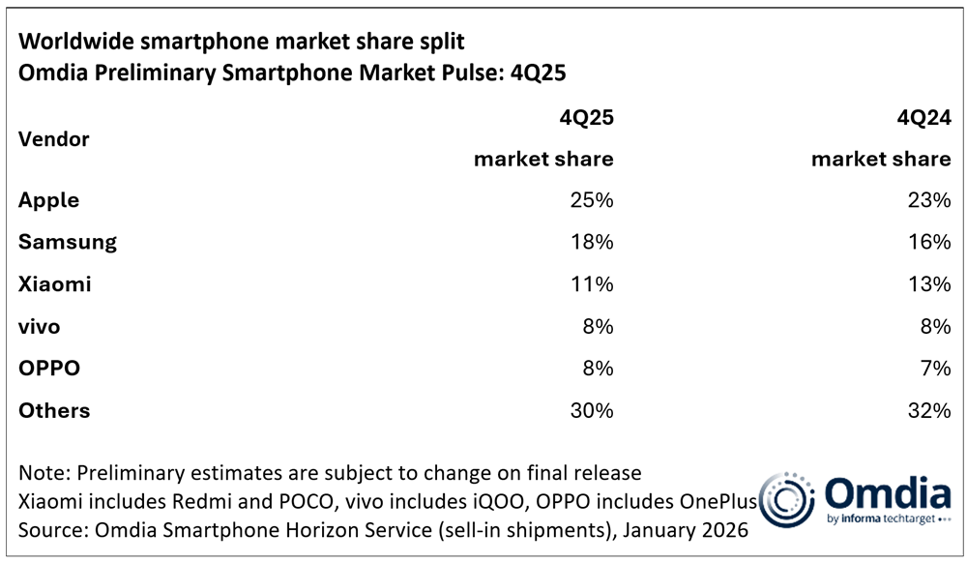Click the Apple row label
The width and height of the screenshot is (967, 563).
(x=48, y=200)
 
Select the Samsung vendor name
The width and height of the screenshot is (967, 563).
(x=67, y=242)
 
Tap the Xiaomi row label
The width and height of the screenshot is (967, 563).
(x=56, y=284)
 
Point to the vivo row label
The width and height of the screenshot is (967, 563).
(x=39, y=326)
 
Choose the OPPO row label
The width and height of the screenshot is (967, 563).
(x=47, y=369)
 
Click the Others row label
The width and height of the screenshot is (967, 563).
(x=54, y=410)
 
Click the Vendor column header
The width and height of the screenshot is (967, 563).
(x=53, y=139)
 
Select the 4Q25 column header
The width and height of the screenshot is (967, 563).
(x=585, y=118)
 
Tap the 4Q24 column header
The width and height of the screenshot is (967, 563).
(x=923, y=118)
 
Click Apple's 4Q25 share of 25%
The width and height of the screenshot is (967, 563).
(x=591, y=200)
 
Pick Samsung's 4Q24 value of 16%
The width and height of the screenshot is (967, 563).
(x=929, y=242)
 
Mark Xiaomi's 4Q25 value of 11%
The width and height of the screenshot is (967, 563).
(x=591, y=284)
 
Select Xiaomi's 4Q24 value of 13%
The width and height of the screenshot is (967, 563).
(x=929, y=284)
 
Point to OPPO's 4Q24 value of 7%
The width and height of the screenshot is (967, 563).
(x=934, y=369)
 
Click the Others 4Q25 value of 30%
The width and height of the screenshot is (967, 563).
(x=591, y=410)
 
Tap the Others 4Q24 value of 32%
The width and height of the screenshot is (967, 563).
(x=929, y=410)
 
